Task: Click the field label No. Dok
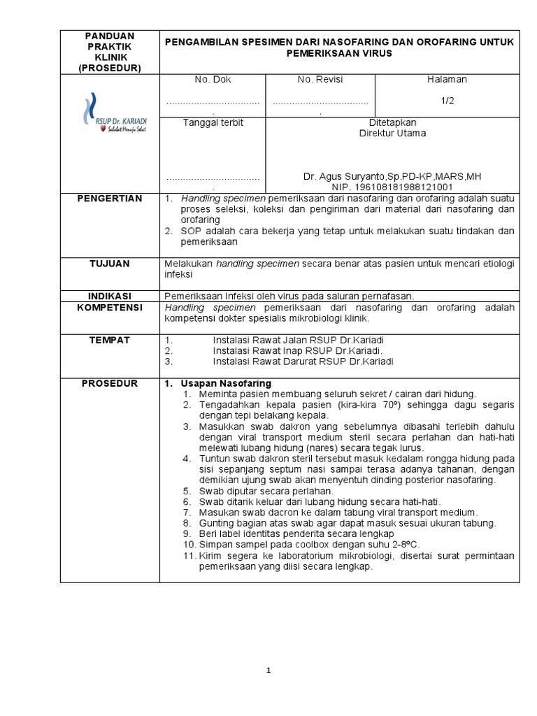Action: coord(213,80)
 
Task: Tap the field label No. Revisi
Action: coord(320,80)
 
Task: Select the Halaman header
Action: coord(447,80)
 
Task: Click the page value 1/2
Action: coord(447,101)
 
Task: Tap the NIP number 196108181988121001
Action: coord(392,187)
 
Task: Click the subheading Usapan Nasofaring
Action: coord(225,384)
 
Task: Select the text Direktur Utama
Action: coord(392,134)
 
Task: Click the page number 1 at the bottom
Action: coord(268,671)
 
